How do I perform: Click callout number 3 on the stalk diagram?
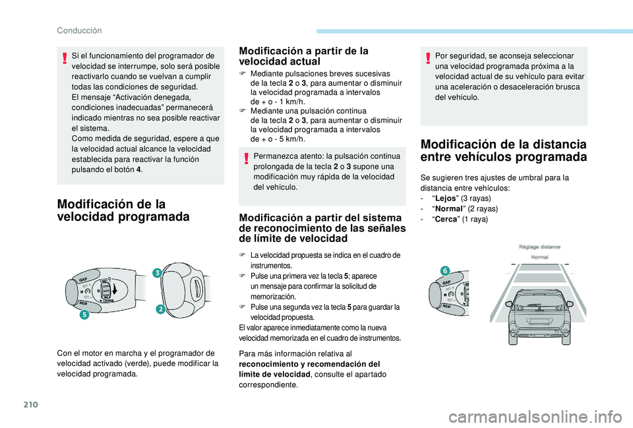[158, 273]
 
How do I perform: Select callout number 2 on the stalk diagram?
[159, 310]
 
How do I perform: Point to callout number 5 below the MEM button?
[85, 315]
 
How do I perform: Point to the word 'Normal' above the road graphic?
[540, 256]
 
